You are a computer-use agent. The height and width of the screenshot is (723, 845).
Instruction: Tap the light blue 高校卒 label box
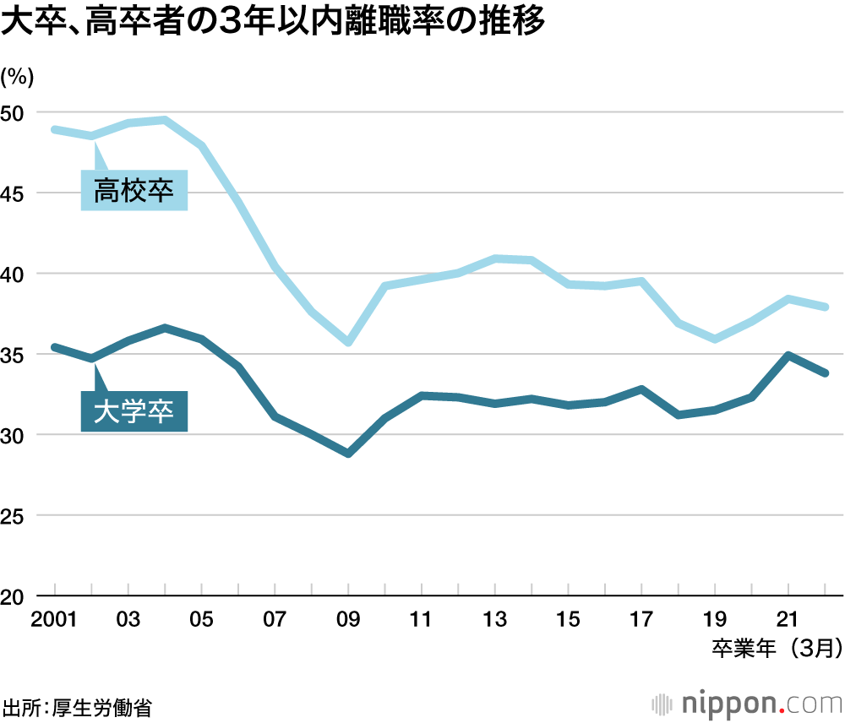click(134, 191)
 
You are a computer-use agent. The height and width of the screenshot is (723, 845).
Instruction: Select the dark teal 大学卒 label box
click(134, 412)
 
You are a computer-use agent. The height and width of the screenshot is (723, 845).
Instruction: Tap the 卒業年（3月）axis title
click(776, 648)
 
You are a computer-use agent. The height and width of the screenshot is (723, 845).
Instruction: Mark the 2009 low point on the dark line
click(348, 454)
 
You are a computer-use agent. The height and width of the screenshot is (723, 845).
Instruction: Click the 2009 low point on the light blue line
click(348, 342)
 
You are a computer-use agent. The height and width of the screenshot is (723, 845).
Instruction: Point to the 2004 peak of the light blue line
click(165, 120)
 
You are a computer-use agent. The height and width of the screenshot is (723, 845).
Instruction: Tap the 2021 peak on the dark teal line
click(788, 356)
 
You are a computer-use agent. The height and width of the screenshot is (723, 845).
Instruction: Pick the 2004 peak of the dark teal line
click(165, 328)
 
